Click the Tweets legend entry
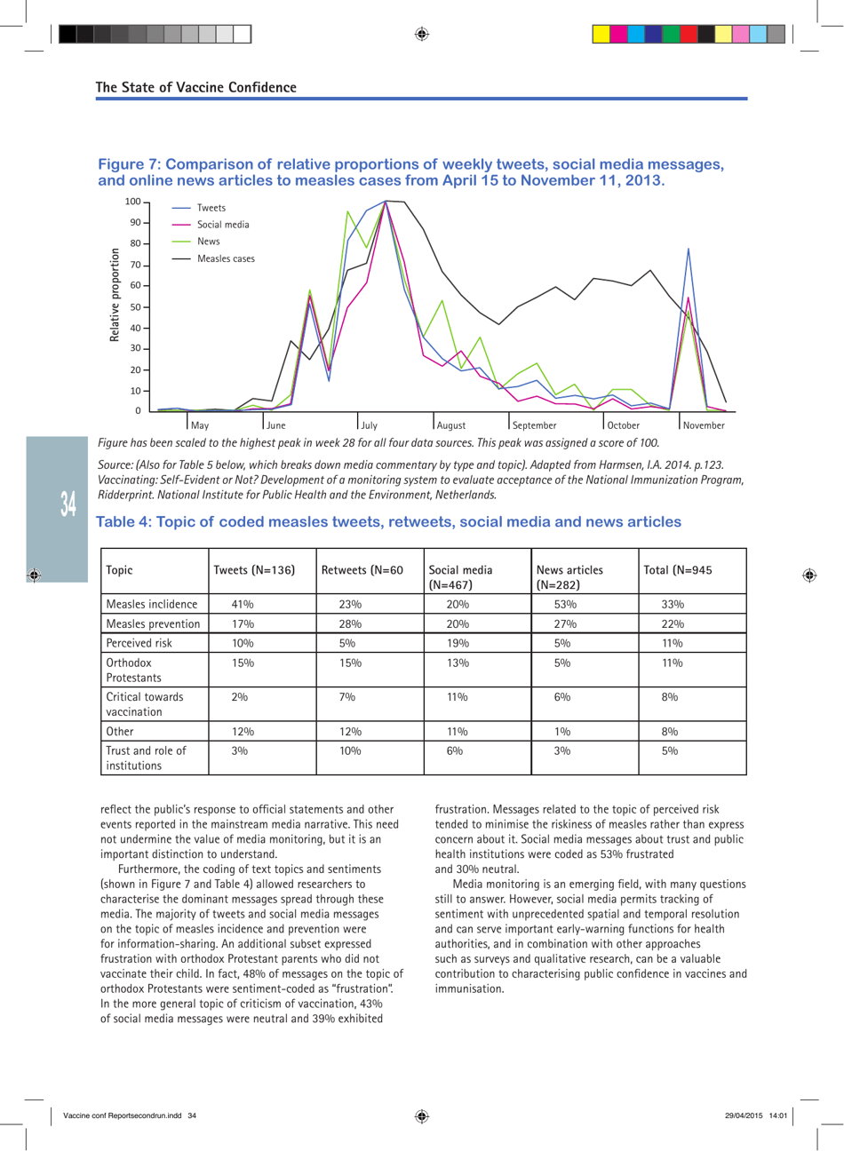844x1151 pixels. click(211, 208)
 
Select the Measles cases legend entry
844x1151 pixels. click(225, 258)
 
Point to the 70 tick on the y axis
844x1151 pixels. click(135, 265)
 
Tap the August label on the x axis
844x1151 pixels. click(451, 425)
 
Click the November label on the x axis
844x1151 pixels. click(704, 425)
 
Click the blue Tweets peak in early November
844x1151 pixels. click(689, 250)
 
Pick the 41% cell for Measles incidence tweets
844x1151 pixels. click(243, 605)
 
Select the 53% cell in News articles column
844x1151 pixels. click(565, 605)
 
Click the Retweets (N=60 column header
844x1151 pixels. click(362, 570)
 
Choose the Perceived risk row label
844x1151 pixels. click(139, 643)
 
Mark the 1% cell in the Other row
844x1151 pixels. click(562, 732)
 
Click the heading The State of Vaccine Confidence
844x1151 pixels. click(196, 87)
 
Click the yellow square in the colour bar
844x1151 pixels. click(601, 35)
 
